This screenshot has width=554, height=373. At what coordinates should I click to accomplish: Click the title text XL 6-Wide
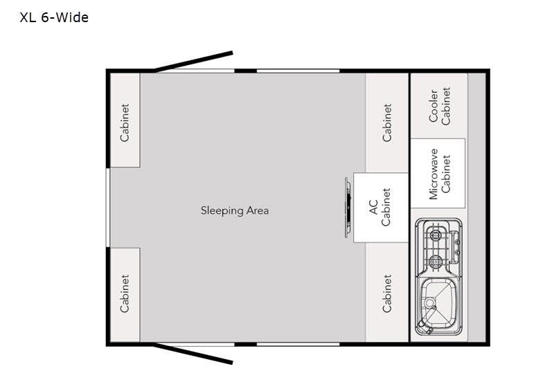54,18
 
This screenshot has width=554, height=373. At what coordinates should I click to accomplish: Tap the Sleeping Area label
234,210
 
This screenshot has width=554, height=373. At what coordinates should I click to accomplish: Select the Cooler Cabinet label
439,106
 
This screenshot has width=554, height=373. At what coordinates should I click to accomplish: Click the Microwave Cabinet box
438,173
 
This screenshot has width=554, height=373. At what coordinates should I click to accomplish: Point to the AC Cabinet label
380,208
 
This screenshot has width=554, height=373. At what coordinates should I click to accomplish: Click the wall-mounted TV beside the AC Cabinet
348,208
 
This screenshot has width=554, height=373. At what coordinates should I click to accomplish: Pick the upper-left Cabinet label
125,122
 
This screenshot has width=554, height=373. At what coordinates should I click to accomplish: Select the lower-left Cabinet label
125,293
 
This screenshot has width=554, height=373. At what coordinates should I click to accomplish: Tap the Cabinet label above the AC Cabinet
386,122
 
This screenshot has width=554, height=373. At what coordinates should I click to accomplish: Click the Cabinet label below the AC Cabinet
386,293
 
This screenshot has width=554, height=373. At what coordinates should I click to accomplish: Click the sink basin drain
429,303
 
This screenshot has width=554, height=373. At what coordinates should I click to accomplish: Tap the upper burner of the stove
434,233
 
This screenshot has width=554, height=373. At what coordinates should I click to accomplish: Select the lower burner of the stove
434,261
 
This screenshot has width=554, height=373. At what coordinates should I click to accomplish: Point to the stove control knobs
455,246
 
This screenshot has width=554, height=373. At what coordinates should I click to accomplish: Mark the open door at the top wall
194,62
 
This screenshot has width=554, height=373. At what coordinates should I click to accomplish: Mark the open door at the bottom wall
194,353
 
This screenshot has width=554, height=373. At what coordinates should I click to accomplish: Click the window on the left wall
107,208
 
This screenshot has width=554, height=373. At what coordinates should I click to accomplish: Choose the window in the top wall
298,71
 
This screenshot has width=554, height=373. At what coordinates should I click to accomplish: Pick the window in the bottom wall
298,344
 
